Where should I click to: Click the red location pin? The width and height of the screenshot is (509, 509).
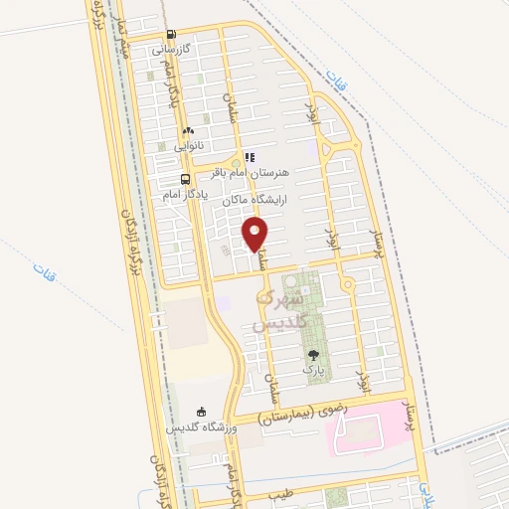256,236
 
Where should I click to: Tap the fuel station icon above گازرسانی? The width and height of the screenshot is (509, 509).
171,33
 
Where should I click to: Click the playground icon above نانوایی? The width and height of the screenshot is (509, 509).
187,130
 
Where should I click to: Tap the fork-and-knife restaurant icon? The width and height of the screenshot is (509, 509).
250,156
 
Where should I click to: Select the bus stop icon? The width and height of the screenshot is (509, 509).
185,180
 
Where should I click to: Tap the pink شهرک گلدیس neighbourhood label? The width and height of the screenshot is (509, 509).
273,311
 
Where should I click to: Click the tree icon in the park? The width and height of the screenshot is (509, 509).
314,355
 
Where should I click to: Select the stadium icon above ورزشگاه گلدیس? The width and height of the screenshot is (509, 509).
202,411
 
